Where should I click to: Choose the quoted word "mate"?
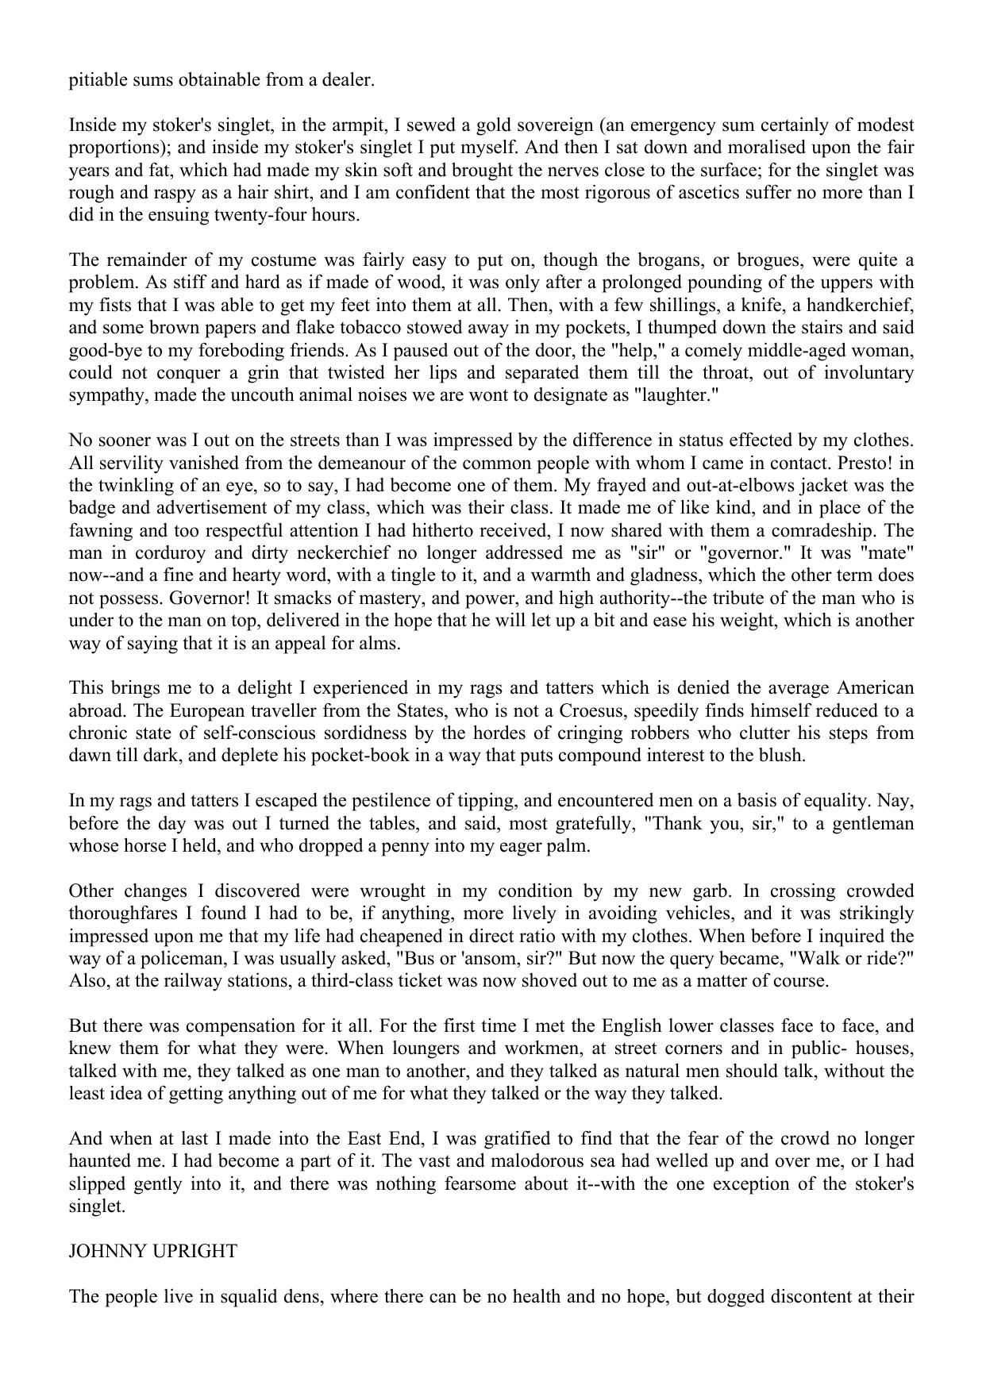pyautogui.click(x=885, y=552)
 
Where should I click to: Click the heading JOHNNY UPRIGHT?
pyautogui.click(x=152, y=1251)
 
